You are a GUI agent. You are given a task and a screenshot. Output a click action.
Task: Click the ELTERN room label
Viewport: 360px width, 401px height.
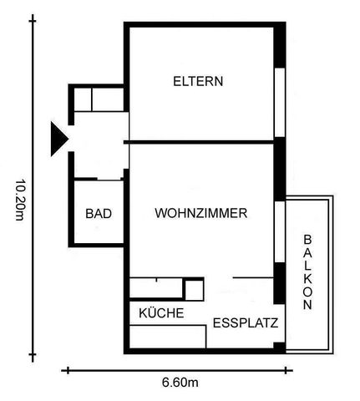198,82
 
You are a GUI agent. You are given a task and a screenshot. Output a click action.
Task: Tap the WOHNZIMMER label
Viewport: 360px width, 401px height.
200,214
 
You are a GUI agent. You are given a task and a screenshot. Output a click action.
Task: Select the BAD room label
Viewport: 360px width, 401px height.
99,214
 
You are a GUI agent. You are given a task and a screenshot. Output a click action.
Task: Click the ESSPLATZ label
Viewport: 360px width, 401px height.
246,322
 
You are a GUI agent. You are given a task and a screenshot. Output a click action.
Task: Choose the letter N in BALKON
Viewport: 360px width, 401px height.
308,306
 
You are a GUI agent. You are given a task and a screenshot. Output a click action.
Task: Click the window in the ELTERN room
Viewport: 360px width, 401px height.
281,101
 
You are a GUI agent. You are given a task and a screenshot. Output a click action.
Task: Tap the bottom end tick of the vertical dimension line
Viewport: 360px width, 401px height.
34,356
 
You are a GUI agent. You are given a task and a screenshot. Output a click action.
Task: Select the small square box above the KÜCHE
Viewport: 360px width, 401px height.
194,290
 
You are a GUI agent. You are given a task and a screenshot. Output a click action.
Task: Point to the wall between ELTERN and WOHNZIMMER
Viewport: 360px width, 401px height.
200,143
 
